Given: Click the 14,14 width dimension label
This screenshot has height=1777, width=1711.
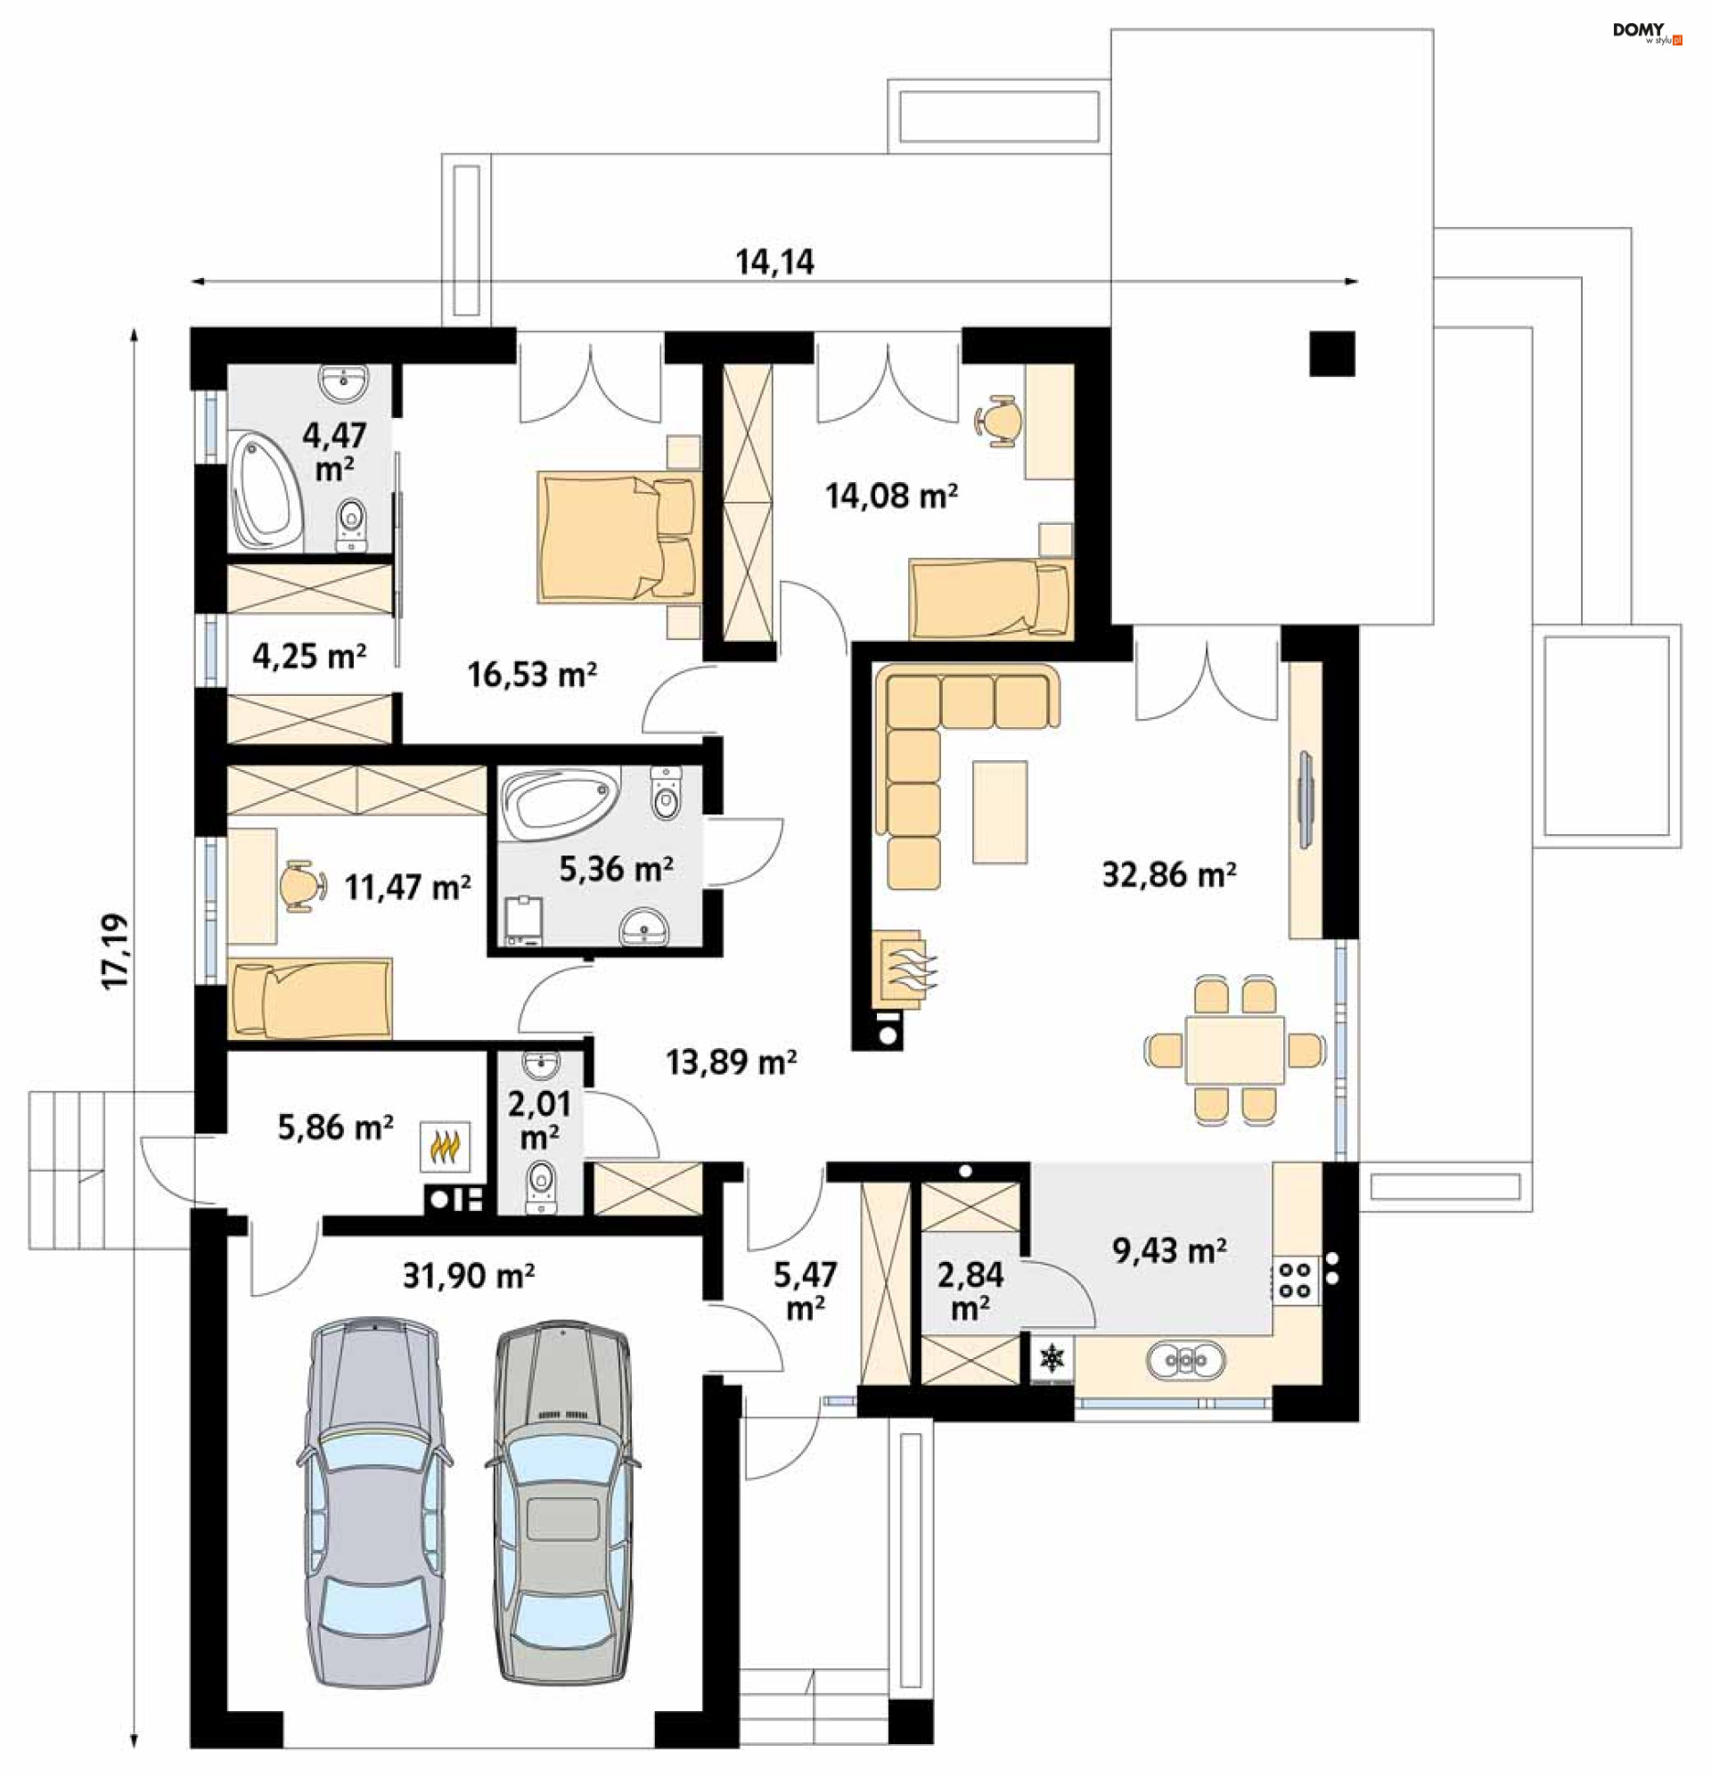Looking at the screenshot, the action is [x=774, y=262].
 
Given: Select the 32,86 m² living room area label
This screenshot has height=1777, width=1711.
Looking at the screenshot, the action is [x=1169, y=874].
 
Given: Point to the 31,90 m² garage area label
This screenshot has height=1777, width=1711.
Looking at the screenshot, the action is [x=469, y=1276].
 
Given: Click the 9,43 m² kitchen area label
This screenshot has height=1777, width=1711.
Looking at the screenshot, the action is [x=1170, y=1251].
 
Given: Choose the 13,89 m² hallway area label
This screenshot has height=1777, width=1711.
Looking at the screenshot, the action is [x=732, y=1061].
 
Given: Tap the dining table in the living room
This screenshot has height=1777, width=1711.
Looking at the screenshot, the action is [x=1234, y=1050].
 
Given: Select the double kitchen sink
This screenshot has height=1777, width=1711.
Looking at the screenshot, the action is [x=1186, y=1361].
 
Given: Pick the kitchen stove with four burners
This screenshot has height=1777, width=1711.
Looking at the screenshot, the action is [x=1296, y=1279].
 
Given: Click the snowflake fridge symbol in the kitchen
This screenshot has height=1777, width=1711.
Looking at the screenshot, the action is [x=1052, y=1358].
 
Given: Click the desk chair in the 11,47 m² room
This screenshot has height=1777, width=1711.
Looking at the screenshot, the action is [x=303, y=885].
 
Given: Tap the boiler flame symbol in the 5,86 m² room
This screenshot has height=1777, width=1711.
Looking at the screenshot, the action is [x=445, y=1146].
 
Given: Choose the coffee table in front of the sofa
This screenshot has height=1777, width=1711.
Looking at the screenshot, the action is [x=1000, y=812].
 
